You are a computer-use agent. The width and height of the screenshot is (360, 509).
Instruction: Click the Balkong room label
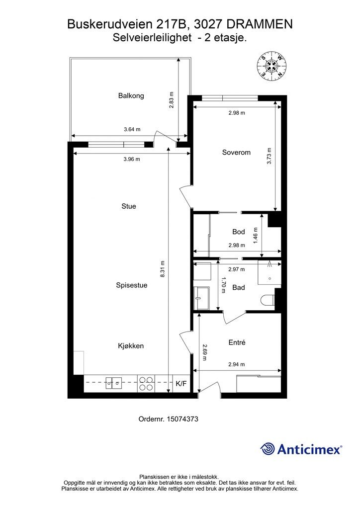pos(131,95)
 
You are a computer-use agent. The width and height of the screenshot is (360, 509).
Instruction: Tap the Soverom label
pos(236,153)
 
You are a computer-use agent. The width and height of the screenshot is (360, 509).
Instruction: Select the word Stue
pos(128,206)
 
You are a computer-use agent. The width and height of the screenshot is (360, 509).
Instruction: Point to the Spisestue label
pos(131,285)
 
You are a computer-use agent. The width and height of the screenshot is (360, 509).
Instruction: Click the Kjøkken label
pos(131,345)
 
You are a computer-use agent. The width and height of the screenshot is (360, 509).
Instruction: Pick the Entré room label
pos(237,342)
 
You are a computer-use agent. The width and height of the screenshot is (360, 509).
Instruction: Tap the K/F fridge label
pos(181,383)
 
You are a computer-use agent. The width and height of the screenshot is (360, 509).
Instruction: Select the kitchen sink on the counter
pos(114,383)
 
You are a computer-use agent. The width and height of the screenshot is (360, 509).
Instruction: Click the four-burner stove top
pos(146,383)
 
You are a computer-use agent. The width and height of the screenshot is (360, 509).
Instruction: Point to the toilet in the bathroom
pos(267,300)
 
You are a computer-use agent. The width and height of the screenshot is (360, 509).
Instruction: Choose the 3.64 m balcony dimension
pos(132,130)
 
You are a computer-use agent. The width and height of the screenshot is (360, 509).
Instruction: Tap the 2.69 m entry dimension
pos(204,351)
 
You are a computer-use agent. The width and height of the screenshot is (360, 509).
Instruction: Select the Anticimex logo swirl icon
pos(268,449)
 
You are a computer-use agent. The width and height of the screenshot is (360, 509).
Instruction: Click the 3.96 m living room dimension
pos(132,159)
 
